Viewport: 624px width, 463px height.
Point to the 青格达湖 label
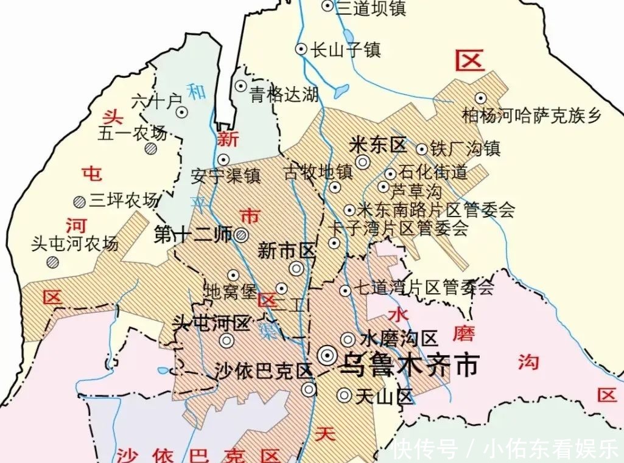284,95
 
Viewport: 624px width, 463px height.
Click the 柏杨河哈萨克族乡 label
531,115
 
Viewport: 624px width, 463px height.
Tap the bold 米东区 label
378,146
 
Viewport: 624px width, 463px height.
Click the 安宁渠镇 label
225,176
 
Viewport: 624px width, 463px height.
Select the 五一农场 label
132,133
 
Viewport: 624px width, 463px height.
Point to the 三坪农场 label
124,200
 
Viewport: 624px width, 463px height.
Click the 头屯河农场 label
74,244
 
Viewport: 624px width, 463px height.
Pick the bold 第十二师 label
193,234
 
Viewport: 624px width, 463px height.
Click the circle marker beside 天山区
345,395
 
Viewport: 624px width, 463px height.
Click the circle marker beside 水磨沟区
348,339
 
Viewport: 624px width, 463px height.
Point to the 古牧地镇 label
318,172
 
